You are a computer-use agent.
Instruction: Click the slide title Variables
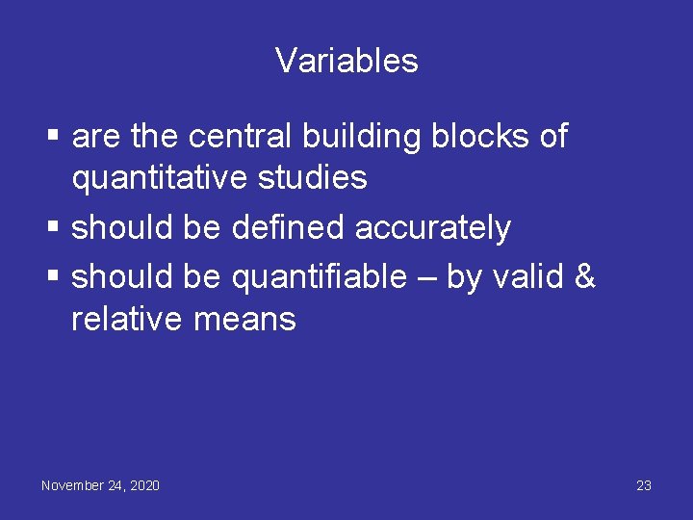(346, 61)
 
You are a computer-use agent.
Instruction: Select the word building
(361, 137)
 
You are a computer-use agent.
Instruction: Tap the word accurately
(433, 228)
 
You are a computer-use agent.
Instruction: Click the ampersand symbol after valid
(584, 277)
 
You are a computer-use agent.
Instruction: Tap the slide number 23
(644, 485)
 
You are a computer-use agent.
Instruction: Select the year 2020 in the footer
(144, 485)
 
